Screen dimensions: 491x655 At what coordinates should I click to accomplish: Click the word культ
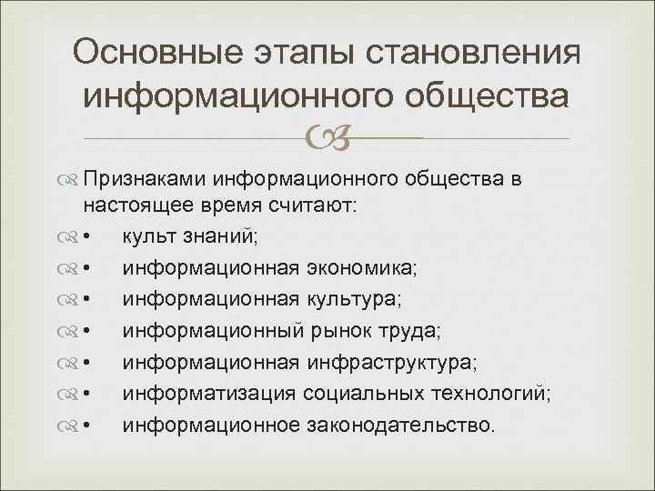pos(147,239)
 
